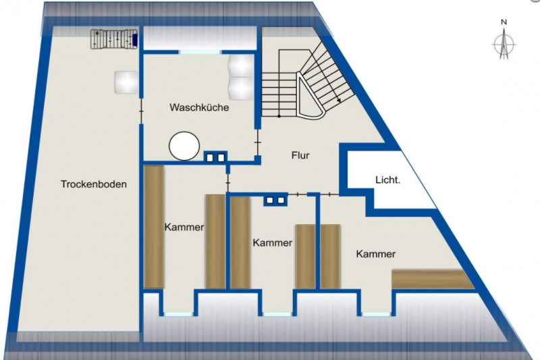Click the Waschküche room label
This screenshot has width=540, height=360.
point(199,107)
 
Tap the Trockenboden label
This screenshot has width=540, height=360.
point(94,184)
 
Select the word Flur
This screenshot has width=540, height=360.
point(300,155)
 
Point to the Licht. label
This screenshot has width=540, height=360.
point(387,180)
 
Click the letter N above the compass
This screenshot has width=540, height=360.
point(504,22)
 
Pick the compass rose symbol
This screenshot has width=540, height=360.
point(504,44)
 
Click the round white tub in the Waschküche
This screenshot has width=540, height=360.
point(184,146)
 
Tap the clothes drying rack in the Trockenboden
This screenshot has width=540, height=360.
point(114,39)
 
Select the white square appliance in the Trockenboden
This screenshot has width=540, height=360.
point(127,82)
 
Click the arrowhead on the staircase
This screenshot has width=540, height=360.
point(339,100)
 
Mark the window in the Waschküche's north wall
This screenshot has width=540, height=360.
point(200,52)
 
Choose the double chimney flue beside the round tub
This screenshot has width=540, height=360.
point(215,157)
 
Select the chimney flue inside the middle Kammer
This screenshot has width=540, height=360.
point(275,200)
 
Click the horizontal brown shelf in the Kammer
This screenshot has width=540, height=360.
point(433,279)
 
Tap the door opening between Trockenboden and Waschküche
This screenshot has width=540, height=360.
point(141,111)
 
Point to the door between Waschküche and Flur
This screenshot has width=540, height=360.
point(258,142)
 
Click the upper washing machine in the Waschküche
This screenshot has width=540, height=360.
point(241,66)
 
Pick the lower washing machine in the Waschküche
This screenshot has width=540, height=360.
point(241,88)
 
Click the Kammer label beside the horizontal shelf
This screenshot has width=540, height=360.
point(376,254)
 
